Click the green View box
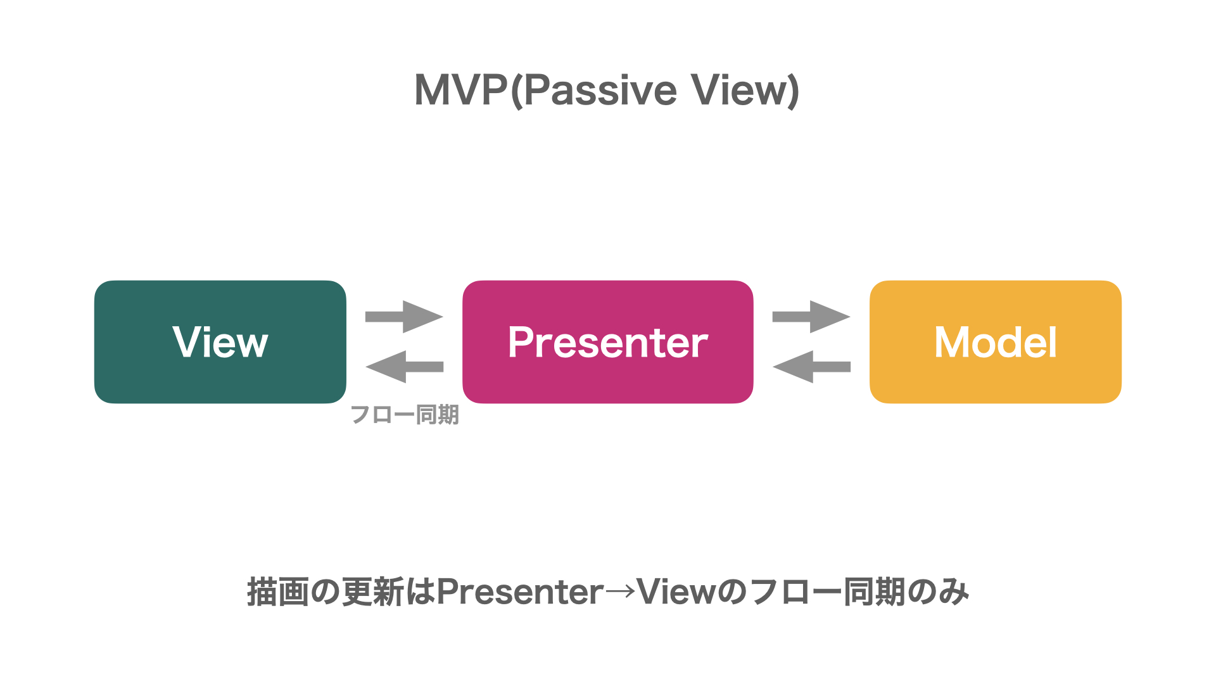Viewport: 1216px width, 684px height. tap(220, 342)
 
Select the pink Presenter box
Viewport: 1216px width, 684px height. tap(608, 342)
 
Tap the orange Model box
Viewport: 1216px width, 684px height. tap(996, 342)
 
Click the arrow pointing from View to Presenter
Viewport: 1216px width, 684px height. tap(404, 317)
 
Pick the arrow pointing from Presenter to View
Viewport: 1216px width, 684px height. tap(404, 367)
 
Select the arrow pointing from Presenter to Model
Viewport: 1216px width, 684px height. tap(811, 317)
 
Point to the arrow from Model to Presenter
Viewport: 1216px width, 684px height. tap(811, 367)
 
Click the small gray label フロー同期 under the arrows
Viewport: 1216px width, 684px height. tap(405, 415)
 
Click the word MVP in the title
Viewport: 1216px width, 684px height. tap(461, 90)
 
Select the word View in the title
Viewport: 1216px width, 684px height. tap(738, 90)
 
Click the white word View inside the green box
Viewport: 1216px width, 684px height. tap(220, 343)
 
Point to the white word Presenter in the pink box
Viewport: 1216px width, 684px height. tap(608, 343)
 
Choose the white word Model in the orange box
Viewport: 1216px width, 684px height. tap(996, 343)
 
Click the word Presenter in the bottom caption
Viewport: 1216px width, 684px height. tap(520, 592)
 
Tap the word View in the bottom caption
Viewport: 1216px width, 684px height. tap(676, 592)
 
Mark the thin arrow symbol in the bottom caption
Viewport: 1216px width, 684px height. tap(620, 592)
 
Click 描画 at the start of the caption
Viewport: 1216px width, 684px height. tap(278, 592)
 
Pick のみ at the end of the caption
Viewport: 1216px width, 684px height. tap(938, 592)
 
